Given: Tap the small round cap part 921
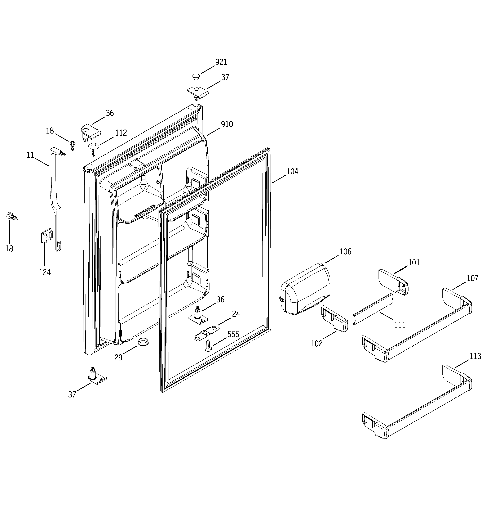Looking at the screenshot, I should (x=196, y=77).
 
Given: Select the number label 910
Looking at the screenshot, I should (x=227, y=124).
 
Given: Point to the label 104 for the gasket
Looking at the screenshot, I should (x=292, y=171).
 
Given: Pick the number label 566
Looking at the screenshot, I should (x=233, y=334).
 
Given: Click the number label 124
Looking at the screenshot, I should (x=45, y=272).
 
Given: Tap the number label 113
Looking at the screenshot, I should (x=475, y=356).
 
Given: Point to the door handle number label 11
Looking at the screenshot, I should (x=30, y=155).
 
